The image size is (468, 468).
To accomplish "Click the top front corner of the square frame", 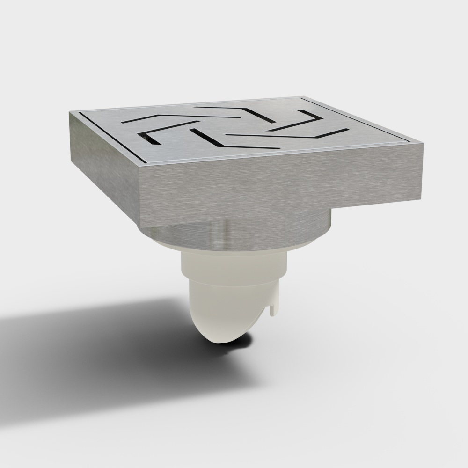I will point(140,165).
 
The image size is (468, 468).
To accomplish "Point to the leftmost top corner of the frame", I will point(70,112).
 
